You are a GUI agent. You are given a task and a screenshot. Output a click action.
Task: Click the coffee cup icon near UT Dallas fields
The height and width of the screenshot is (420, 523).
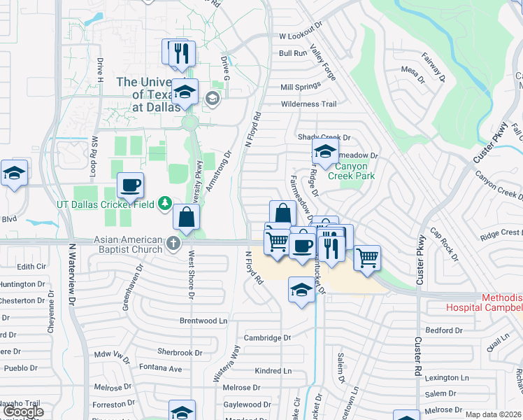click(x=131, y=185)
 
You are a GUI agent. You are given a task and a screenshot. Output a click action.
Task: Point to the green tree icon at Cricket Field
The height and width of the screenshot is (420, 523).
click(x=165, y=204)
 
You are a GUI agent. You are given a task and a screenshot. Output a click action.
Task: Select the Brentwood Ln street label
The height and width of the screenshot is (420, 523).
click(x=203, y=321)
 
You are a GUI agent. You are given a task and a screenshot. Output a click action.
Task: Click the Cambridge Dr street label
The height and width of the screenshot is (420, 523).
click(x=267, y=337)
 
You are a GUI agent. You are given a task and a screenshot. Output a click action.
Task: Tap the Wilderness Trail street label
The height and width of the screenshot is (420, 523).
click(x=308, y=104)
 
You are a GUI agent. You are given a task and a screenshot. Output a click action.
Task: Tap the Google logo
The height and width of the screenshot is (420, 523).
click(x=23, y=412)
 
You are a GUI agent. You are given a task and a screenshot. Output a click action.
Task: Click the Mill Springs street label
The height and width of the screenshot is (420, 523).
click(x=300, y=87)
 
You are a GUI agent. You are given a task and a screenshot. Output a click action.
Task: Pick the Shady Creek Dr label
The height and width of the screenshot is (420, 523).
click(x=324, y=137)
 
